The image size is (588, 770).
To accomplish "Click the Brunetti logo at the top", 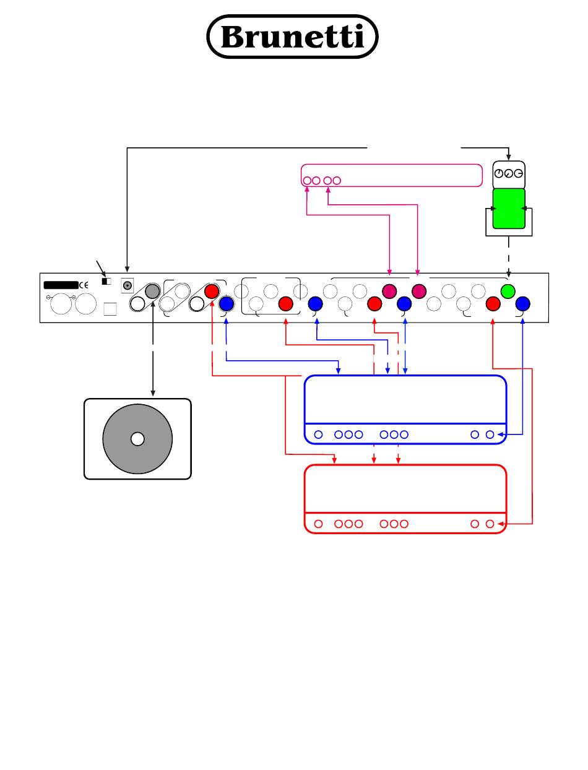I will tap(292, 37).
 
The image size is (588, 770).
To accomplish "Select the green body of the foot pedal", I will tap(508, 209).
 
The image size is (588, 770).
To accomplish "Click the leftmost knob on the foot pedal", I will tap(499, 175).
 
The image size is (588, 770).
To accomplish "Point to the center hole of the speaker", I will tap(137, 439).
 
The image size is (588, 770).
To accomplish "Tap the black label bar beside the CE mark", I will tap(61, 285).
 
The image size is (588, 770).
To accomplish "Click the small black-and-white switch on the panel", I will tap(106, 282).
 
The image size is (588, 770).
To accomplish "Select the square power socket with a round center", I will tap(128, 285).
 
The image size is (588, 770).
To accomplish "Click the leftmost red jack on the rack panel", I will tap(212, 290).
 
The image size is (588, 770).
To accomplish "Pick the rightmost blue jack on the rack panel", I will tap(523, 303).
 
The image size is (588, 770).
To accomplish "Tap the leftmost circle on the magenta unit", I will tap(307, 181).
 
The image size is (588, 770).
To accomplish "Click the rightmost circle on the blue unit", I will tap(490, 435).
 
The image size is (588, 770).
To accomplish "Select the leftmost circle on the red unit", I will tap(318, 524).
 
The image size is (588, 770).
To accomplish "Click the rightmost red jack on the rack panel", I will tap(493, 303).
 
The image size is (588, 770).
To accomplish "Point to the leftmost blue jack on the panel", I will tap(227, 303).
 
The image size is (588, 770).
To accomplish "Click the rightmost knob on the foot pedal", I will tap(518, 175).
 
